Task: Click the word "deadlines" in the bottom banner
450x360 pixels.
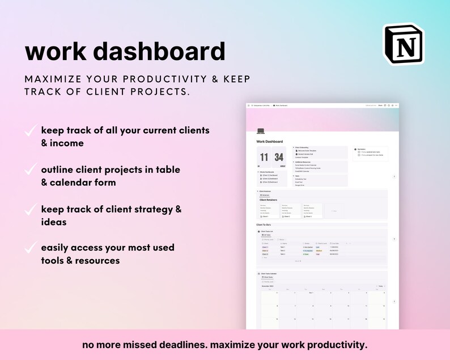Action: click(x=185, y=344)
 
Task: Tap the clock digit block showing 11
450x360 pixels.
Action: click(x=264, y=157)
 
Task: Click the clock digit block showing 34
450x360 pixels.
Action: click(x=279, y=157)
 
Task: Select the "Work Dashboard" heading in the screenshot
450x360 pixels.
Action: click(x=270, y=142)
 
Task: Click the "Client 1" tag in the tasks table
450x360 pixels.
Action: click(x=265, y=247)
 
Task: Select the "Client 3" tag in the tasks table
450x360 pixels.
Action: click(x=265, y=254)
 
